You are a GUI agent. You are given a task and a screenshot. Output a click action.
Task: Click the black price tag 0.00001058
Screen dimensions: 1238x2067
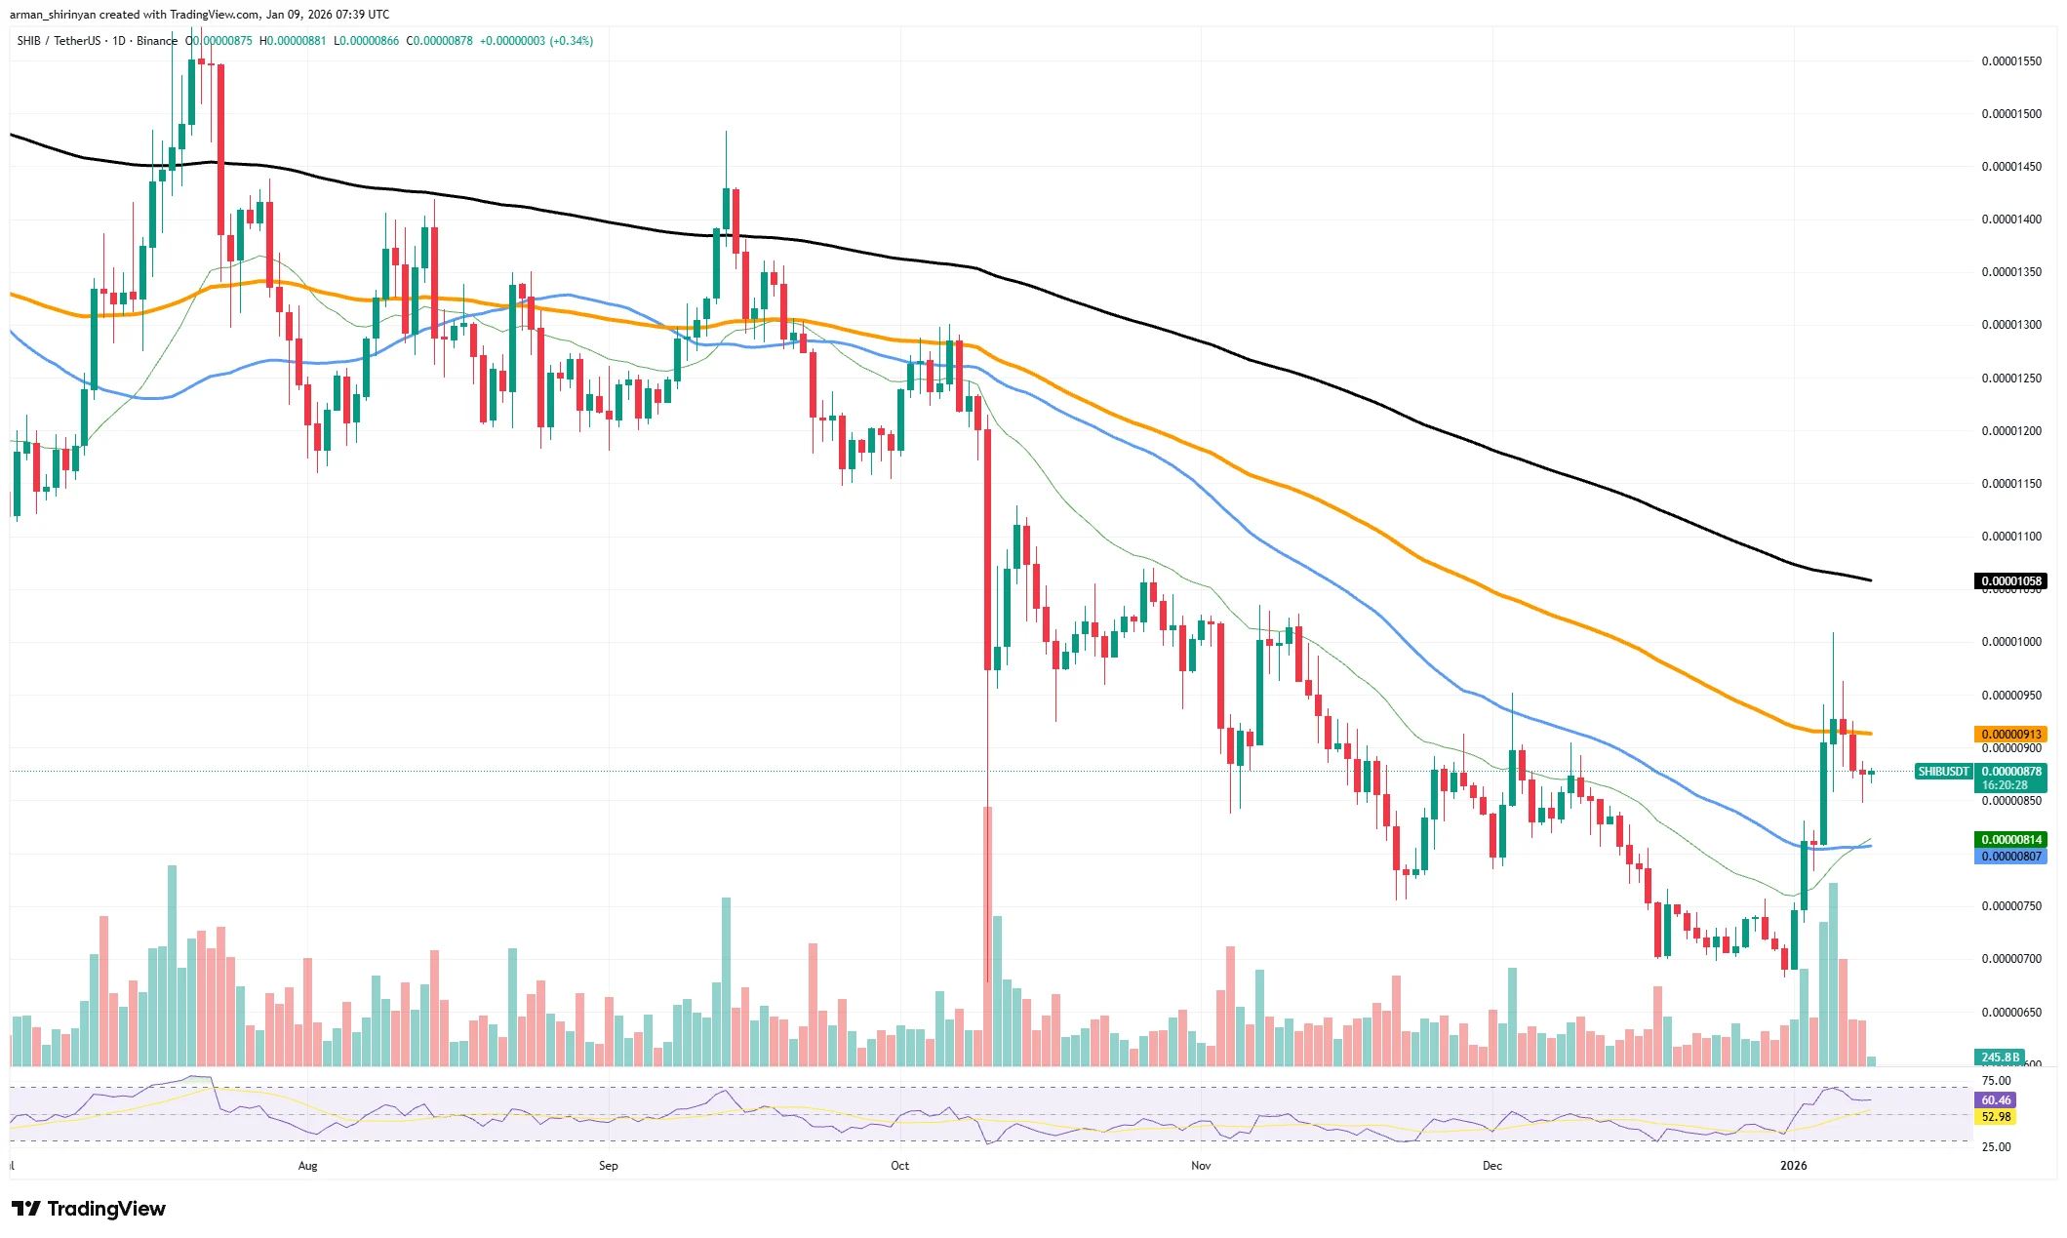click(2009, 581)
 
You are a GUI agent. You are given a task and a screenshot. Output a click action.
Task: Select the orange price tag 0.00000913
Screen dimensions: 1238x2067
click(2009, 734)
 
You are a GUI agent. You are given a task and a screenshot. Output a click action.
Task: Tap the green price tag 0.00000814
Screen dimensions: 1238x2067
click(2009, 839)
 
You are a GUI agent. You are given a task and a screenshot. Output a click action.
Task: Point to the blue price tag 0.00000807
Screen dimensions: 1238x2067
click(2009, 857)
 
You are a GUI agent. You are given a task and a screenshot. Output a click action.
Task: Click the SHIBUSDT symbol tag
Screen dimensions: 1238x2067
click(1943, 772)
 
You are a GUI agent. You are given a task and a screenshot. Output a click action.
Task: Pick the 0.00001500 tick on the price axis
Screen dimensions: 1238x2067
click(2009, 114)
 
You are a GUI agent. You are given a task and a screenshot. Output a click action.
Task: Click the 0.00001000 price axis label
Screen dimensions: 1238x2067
click(2009, 642)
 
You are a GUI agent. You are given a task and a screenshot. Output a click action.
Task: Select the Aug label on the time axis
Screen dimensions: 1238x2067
click(307, 1165)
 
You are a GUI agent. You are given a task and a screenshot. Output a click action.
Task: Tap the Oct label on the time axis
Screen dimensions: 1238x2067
click(899, 1165)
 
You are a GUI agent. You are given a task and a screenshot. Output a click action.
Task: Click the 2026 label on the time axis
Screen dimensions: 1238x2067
click(1793, 1165)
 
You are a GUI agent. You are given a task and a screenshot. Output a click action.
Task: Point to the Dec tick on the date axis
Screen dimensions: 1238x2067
click(1491, 1165)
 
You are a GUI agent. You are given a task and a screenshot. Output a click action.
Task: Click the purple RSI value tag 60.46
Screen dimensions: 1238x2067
click(1996, 1099)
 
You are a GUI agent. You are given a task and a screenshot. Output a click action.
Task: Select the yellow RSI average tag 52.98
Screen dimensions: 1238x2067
click(1996, 1117)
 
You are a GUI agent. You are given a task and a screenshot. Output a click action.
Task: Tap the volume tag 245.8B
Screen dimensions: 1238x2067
click(2000, 1057)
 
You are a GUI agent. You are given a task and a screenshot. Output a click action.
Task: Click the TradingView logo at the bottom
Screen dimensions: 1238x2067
click(89, 1209)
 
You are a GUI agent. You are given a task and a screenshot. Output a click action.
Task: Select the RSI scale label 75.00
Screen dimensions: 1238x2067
click(1996, 1080)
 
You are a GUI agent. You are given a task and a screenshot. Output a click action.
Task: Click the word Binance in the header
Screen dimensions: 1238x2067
click(157, 41)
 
